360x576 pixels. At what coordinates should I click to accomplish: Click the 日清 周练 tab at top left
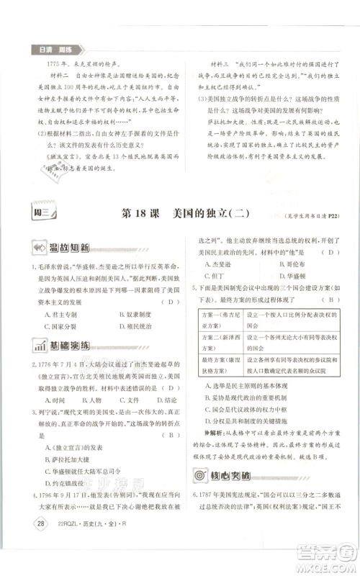56,49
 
